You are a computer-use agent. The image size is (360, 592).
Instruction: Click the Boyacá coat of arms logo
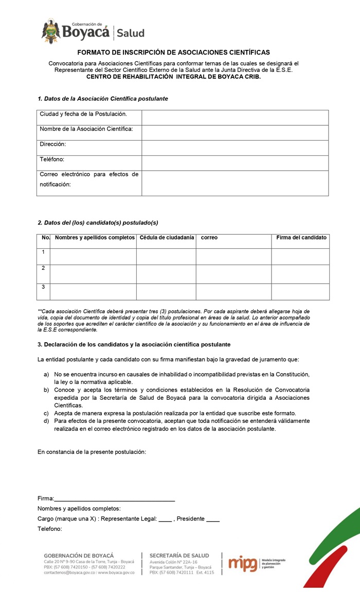(x=51, y=31)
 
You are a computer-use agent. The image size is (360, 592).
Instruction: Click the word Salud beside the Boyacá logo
(x=130, y=33)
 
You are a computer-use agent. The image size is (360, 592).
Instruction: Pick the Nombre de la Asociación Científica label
(x=86, y=129)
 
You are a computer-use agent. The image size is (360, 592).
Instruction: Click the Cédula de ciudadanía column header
(x=167, y=237)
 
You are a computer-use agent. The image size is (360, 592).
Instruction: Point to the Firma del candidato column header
(x=301, y=237)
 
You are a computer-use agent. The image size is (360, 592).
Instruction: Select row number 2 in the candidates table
(x=43, y=268)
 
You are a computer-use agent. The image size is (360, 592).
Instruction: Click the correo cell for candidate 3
(x=233, y=291)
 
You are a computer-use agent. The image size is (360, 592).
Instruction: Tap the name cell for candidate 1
(x=93, y=256)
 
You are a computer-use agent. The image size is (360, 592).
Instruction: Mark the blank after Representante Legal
(x=165, y=520)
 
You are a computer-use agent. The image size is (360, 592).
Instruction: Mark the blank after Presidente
(x=212, y=520)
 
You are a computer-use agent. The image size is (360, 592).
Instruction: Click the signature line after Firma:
(x=114, y=498)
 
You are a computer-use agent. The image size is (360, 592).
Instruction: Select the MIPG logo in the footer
(x=242, y=563)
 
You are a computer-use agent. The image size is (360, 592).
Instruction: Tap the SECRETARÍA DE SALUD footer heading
(x=179, y=556)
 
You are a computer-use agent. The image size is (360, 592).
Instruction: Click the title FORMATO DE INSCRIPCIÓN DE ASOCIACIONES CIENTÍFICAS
(x=173, y=52)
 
